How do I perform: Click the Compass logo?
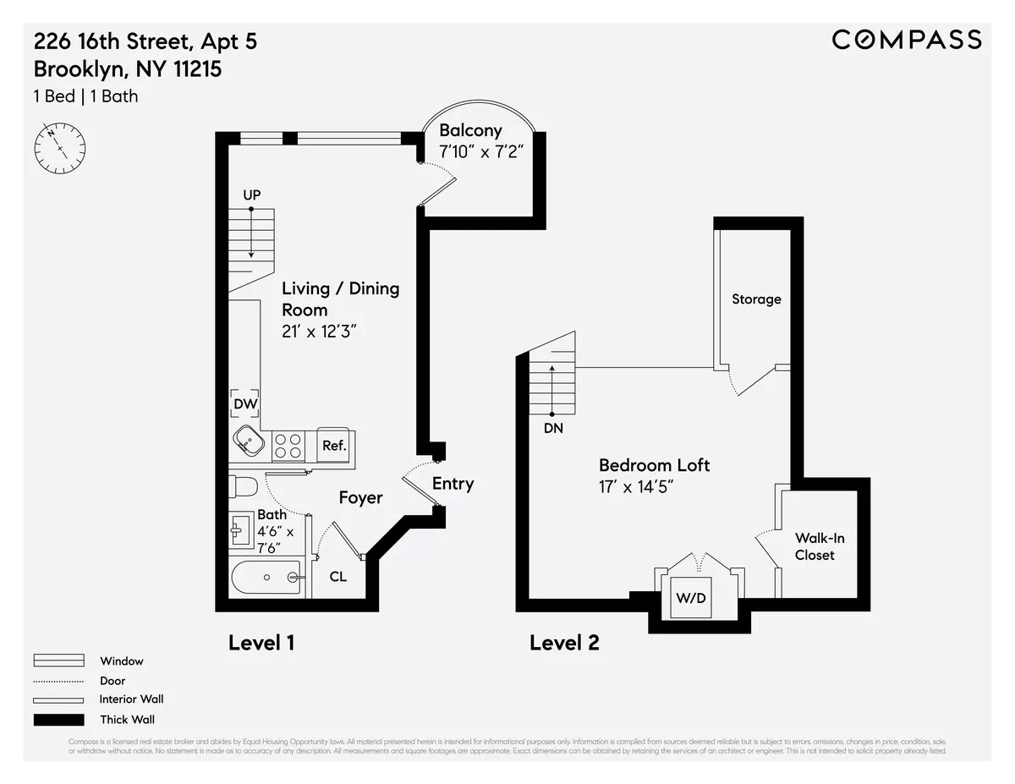(907, 39)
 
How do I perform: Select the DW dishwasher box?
(245, 405)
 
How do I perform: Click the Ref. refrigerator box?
(334, 445)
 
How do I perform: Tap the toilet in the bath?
(243, 488)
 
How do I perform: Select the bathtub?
(266, 578)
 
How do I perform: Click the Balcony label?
(470, 130)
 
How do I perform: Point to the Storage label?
(756, 299)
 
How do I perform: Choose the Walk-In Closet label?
(819, 546)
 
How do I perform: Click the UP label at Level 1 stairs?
(251, 195)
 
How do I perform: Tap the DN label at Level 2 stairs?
(553, 429)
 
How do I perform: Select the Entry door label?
(453, 483)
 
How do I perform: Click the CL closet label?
(338, 577)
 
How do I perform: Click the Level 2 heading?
(564, 643)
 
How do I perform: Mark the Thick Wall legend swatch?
(58, 720)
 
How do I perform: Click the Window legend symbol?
(58, 661)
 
